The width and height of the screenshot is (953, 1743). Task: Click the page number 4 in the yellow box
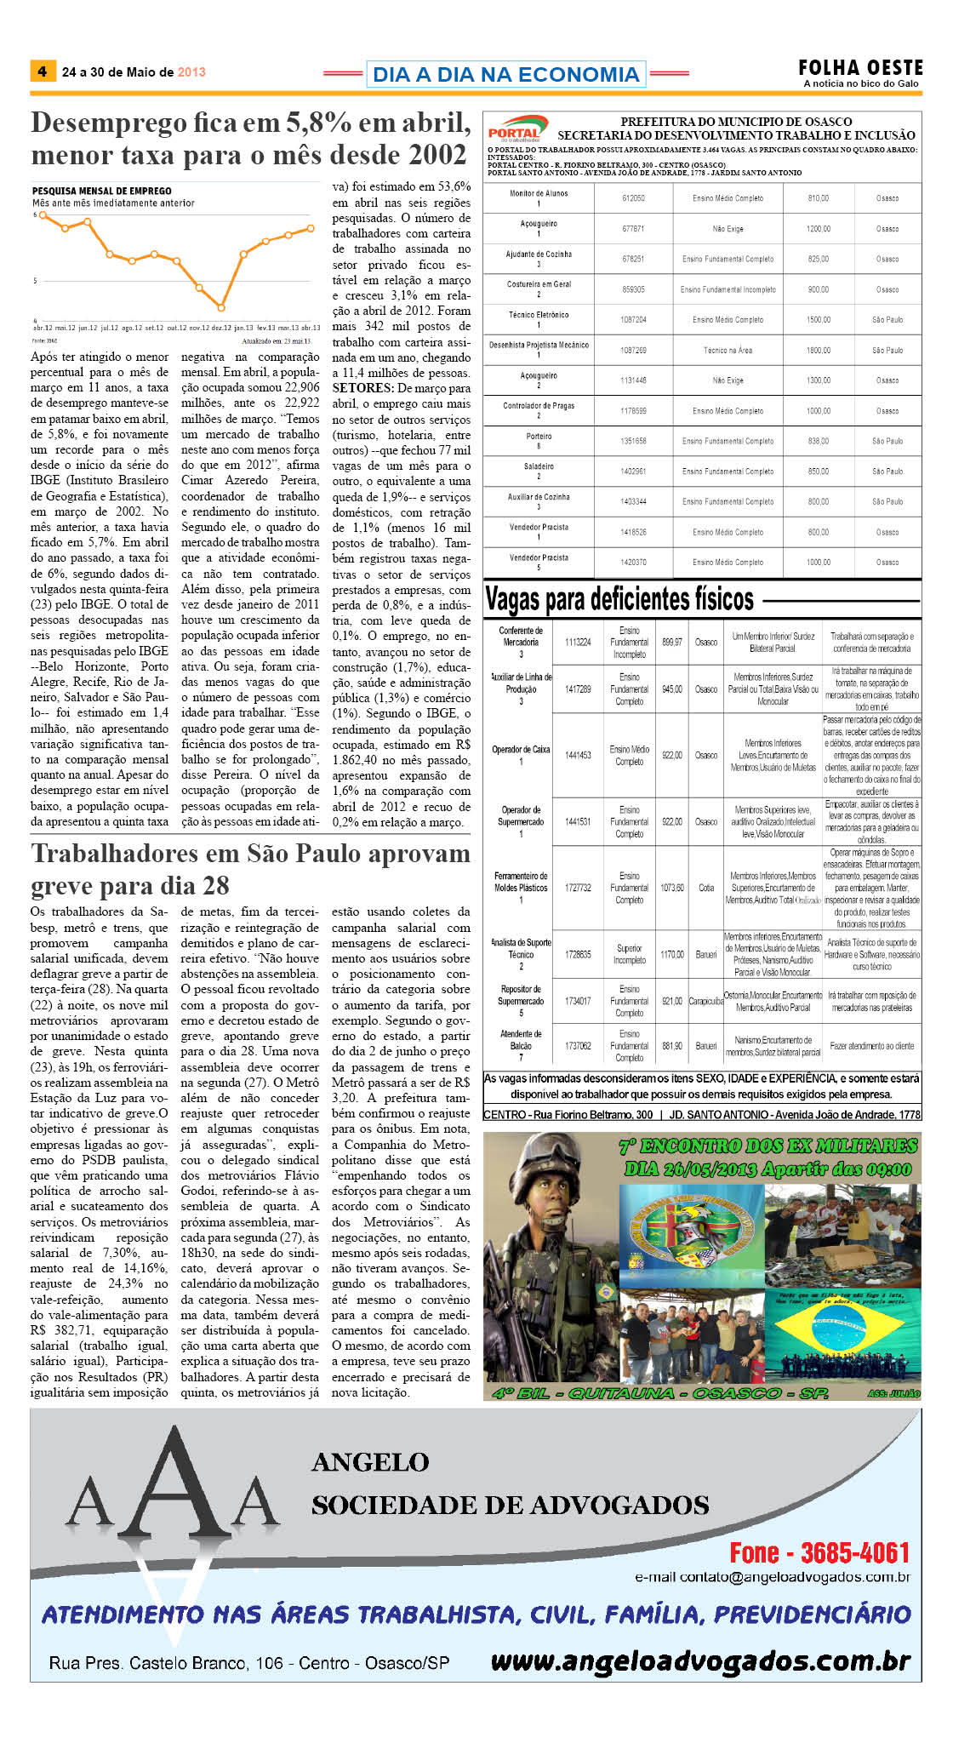(x=42, y=71)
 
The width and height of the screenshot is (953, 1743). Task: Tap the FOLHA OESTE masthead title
(x=859, y=67)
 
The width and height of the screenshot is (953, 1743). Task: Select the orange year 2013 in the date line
(x=191, y=72)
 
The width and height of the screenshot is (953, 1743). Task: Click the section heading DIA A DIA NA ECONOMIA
(x=505, y=75)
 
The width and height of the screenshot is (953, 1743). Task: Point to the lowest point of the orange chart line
(x=221, y=307)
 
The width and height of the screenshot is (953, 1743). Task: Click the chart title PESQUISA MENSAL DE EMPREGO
(x=101, y=191)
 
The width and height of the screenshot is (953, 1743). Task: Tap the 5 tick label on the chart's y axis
(x=35, y=280)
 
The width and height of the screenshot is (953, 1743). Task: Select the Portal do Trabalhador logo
(x=516, y=129)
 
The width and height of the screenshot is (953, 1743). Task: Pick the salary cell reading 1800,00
(x=818, y=351)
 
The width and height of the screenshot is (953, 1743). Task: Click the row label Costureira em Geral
(x=539, y=284)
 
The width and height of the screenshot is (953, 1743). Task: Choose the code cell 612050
(x=633, y=198)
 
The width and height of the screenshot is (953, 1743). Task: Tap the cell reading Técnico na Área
(x=728, y=351)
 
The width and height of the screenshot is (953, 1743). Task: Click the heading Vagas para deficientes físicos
(x=619, y=600)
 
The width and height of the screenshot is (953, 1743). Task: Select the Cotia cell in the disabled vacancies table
(x=706, y=888)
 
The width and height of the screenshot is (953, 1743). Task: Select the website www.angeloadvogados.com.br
(x=700, y=1660)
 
